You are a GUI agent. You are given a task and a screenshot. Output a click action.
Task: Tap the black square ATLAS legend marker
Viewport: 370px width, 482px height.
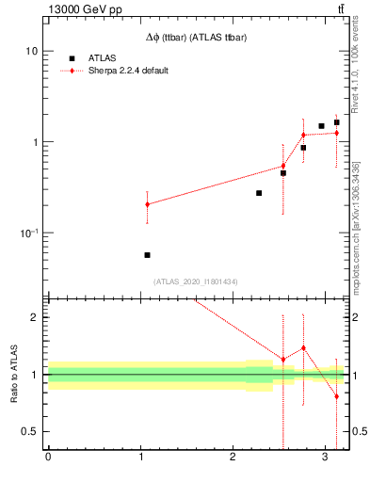[x=72, y=58]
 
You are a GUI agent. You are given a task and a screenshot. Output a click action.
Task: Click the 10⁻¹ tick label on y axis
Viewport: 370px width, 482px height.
[x=28, y=233]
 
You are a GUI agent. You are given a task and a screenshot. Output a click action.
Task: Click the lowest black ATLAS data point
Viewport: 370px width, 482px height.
[x=147, y=255]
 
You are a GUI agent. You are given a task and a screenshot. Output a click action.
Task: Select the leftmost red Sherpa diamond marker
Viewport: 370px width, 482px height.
[x=147, y=204]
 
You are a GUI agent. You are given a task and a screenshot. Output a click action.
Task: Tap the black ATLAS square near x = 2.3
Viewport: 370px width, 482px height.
[x=259, y=193]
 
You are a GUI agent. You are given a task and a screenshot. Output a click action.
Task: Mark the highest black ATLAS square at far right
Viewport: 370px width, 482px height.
[x=336, y=122]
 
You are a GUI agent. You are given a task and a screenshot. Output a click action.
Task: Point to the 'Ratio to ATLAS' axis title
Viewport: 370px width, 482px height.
[x=12, y=374]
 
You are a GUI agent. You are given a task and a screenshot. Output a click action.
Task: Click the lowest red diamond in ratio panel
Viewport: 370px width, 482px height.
[x=336, y=396]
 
